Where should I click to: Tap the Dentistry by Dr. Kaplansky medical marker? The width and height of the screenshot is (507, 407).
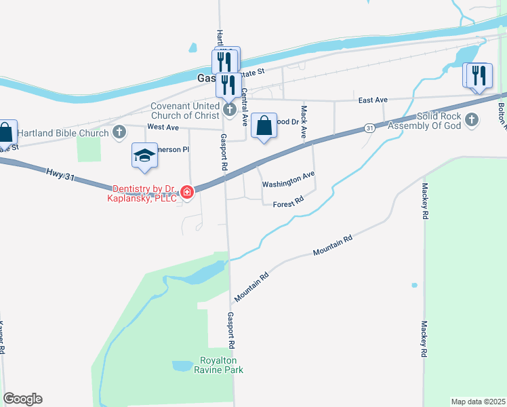(x=187, y=194)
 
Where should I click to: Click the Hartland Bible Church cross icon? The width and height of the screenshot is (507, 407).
(x=120, y=132)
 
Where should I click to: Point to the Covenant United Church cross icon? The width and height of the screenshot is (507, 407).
(x=229, y=109)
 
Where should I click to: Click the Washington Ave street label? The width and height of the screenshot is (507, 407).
(x=289, y=180)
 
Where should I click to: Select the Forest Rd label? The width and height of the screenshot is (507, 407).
(x=287, y=203)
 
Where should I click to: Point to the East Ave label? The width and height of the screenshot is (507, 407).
(x=373, y=100)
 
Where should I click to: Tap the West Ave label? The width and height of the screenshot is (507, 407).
(x=163, y=127)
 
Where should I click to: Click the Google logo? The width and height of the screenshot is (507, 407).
(x=22, y=399)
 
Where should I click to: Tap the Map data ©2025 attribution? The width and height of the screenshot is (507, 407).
(x=478, y=401)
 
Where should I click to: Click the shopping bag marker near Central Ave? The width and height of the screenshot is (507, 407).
(x=264, y=126)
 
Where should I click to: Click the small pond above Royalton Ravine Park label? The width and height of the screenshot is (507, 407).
(x=182, y=366)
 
